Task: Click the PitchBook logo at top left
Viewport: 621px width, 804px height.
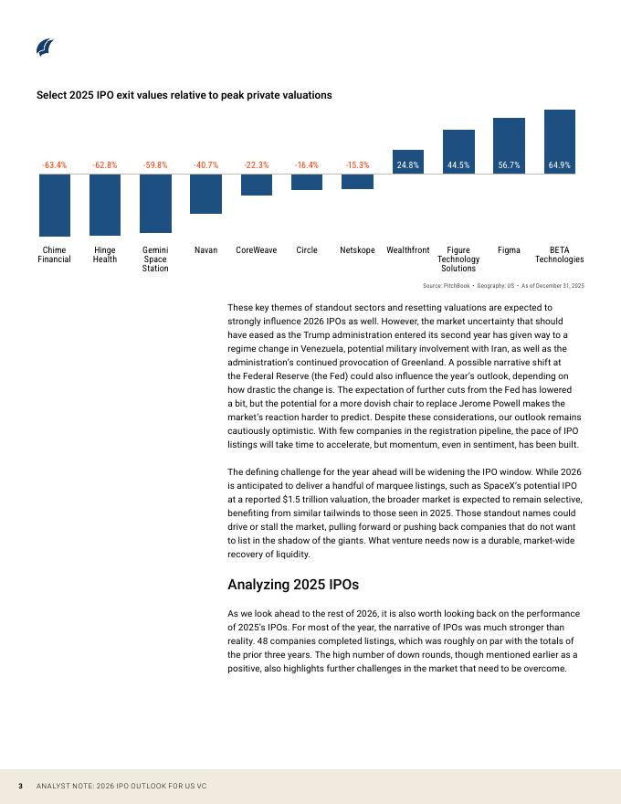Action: coord(45,48)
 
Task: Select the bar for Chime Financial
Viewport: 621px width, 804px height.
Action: coord(55,205)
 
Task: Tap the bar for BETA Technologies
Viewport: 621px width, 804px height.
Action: coord(560,141)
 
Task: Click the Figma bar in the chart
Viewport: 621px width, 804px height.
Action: coord(509,145)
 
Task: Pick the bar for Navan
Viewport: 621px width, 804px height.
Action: coord(205,194)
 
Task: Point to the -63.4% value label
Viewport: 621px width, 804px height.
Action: coord(55,165)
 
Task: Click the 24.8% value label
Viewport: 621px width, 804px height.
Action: coord(408,165)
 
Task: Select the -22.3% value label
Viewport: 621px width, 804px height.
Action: coord(257,165)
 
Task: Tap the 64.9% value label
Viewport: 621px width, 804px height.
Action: coord(560,165)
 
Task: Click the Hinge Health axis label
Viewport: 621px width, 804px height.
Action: coord(105,254)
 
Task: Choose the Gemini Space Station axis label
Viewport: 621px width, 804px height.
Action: coord(155,259)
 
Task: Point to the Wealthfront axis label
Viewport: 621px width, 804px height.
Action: coord(408,249)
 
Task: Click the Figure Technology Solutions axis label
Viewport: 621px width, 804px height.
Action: coord(458,259)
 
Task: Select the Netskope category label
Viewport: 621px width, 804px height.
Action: coord(357,249)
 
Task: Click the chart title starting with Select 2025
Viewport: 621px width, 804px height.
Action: coord(184,95)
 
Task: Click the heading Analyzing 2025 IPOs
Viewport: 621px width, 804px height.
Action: coord(292,585)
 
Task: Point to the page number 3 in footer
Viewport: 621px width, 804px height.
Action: coord(20,786)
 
